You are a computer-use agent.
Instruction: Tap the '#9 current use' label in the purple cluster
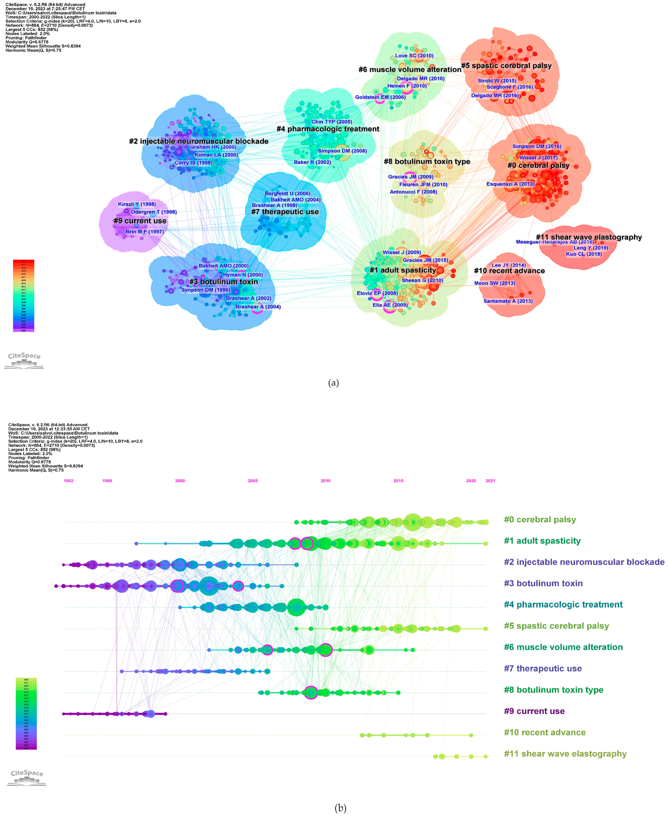(x=140, y=221)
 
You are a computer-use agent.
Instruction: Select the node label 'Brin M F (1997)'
(x=145, y=232)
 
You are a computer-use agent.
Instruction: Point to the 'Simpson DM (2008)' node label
(x=342, y=151)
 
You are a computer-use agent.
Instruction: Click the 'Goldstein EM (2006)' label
(x=380, y=97)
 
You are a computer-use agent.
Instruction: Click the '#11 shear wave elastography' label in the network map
(x=589, y=237)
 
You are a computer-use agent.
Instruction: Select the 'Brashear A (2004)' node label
(x=258, y=307)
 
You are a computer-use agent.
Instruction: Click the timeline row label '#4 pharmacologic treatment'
(x=563, y=604)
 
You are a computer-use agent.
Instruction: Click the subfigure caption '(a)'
(x=333, y=383)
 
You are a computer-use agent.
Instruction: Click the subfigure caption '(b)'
(x=341, y=808)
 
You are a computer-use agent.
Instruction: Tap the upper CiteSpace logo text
(x=24, y=356)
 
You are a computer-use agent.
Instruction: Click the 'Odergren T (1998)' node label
(x=154, y=212)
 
